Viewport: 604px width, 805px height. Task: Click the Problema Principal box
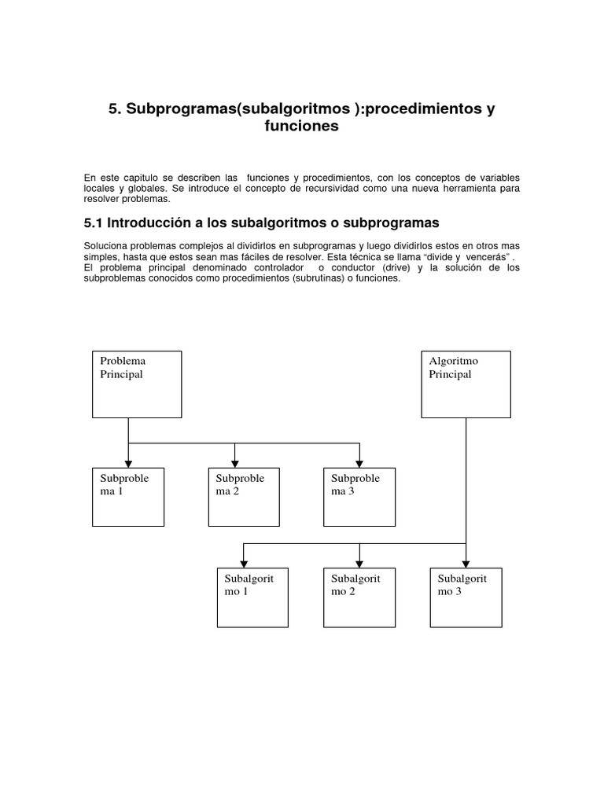pos(137,384)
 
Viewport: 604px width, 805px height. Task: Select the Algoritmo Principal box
pos(466,384)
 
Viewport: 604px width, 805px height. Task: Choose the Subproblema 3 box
pos(359,497)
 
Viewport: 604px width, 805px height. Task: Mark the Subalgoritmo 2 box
pos(359,597)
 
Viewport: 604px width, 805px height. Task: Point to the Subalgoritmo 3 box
pos(466,597)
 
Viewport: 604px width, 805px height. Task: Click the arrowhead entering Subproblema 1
pos(128,463)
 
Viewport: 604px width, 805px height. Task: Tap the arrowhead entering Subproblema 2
pos(235,463)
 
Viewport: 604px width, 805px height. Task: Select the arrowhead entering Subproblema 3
pos(359,463)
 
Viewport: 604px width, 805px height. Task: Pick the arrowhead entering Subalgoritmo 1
pos(244,563)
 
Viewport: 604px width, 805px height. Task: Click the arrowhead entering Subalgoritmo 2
pos(359,563)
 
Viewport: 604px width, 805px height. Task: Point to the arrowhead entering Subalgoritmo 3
pos(466,563)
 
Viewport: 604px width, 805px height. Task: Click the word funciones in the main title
pos(302,126)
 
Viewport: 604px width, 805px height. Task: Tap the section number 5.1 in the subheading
pos(94,223)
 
